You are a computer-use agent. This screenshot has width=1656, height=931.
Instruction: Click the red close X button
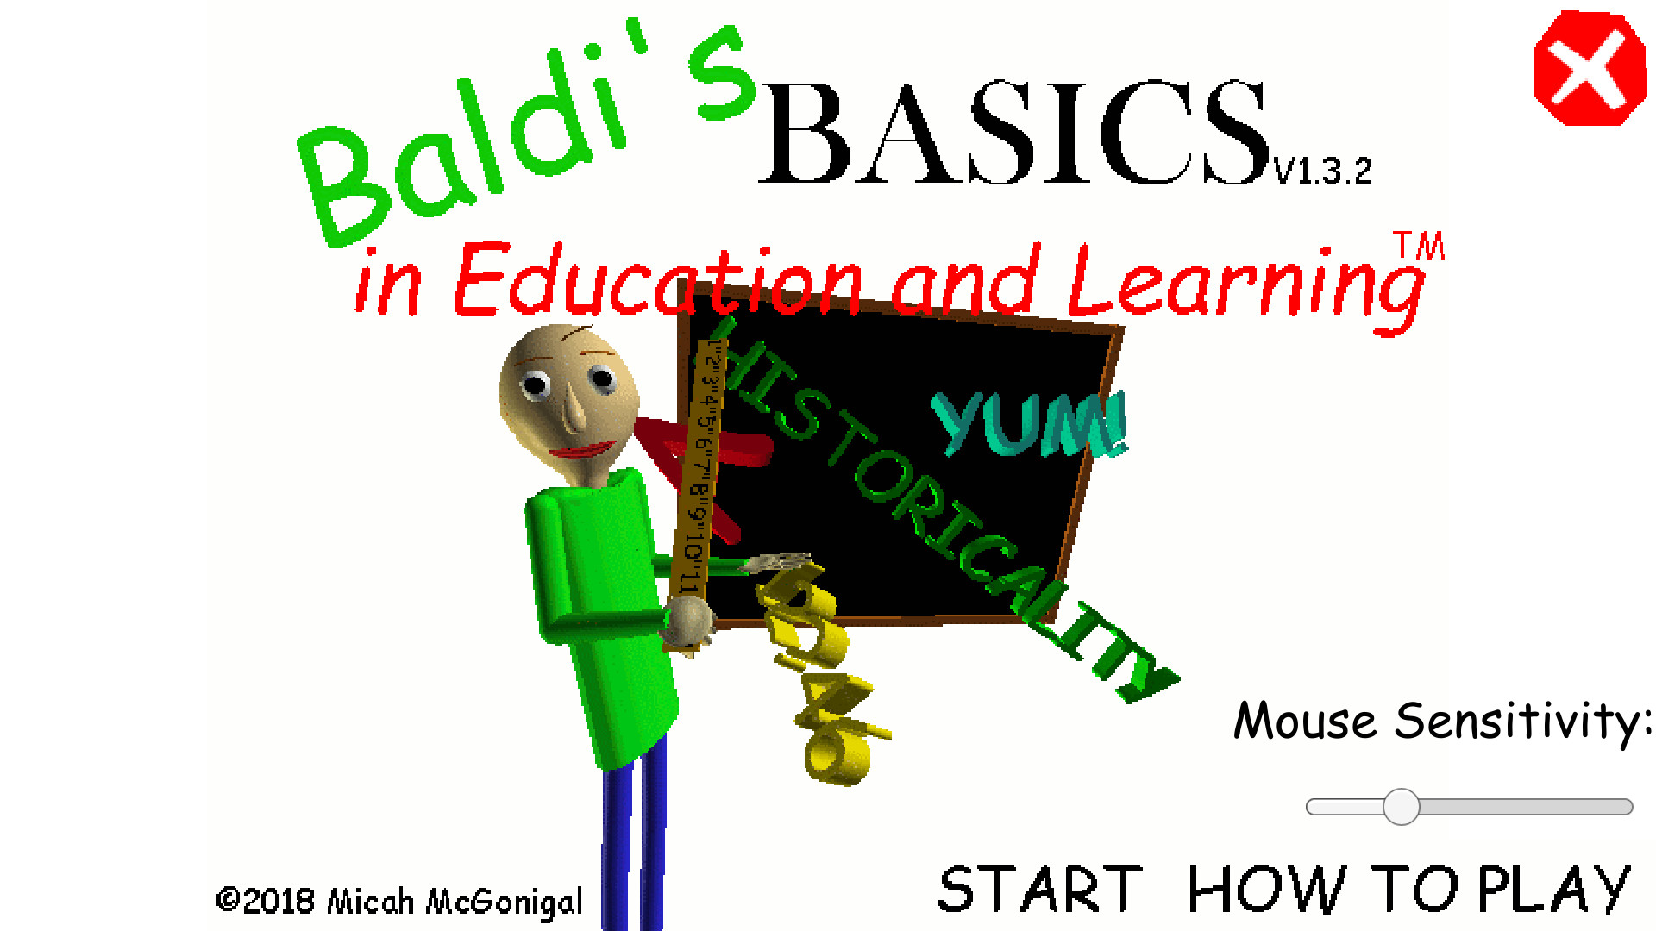point(1589,69)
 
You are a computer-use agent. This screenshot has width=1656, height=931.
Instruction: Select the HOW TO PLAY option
point(1408,890)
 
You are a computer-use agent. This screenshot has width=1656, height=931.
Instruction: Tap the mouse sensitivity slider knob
point(1401,807)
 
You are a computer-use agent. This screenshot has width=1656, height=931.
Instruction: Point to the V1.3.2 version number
point(1323,172)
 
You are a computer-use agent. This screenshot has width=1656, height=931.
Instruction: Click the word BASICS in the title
point(1013,134)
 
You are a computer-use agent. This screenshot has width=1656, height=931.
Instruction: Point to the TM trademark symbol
point(1419,246)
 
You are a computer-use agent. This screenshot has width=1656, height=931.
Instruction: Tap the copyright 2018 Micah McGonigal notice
point(399,902)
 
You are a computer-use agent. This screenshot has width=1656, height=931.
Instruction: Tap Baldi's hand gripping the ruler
point(689,620)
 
